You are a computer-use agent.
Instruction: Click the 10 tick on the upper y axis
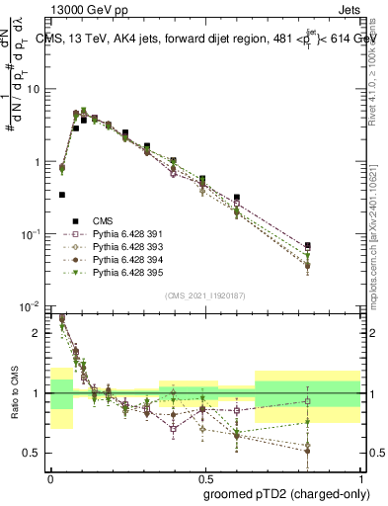[36, 89]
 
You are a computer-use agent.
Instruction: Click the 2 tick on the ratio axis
[39, 333]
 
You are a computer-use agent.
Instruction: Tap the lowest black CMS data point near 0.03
[62, 195]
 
